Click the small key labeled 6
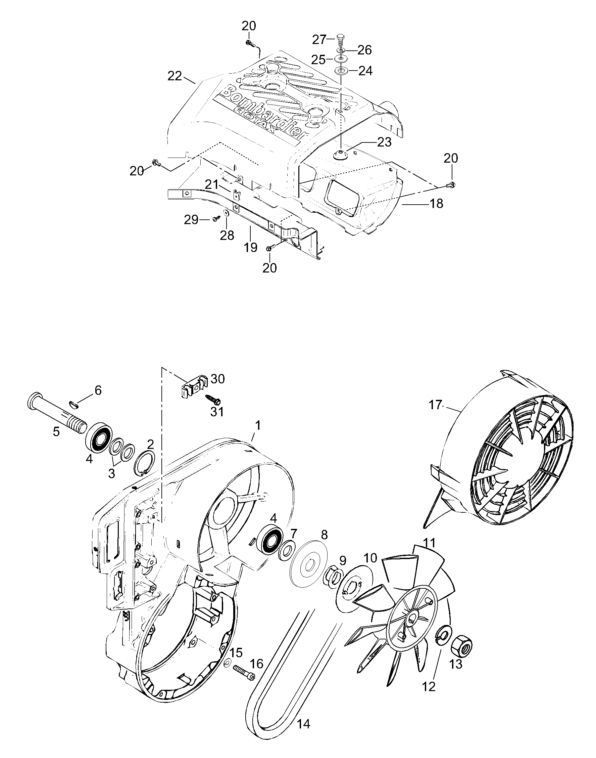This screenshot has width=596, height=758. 78,404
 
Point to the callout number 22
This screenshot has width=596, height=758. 175,76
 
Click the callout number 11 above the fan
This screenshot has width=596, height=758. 430,543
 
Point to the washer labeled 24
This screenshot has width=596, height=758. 341,71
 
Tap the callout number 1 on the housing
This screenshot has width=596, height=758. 258,426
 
